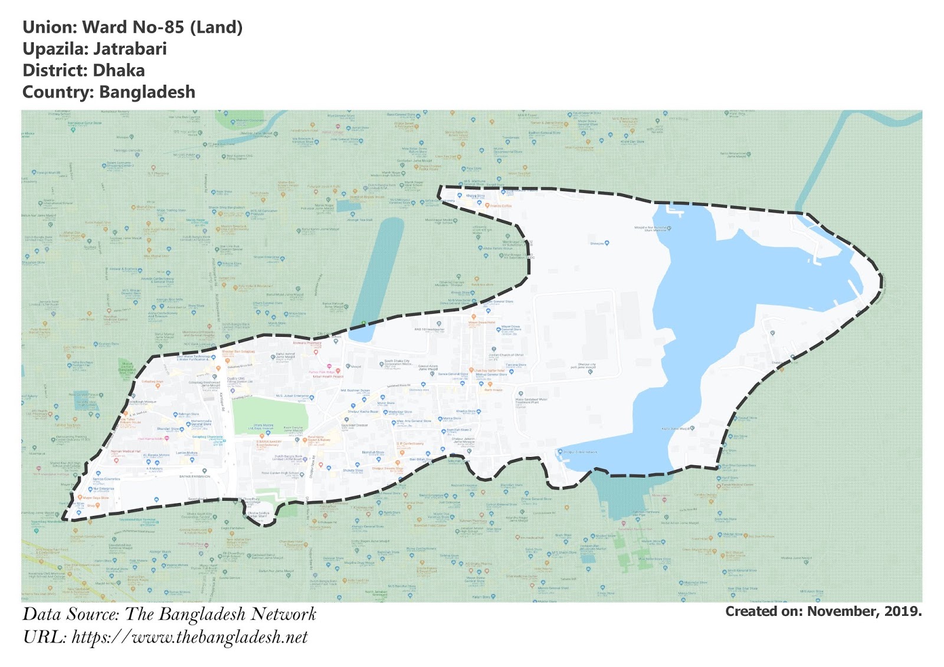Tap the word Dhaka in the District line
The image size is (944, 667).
point(119,71)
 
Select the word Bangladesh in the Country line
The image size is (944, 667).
point(147,93)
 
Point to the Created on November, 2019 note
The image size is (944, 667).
point(823,612)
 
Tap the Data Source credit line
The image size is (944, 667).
point(169,615)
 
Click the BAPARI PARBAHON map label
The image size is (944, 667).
point(195,477)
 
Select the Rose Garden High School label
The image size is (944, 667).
point(280,473)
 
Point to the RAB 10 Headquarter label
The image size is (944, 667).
point(430,330)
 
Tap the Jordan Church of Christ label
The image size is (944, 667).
point(506,355)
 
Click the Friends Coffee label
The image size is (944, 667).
point(500,206)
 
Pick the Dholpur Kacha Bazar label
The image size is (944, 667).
point(363,412)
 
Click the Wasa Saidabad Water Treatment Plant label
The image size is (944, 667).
point(531,400)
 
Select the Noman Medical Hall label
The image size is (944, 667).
point(126,451)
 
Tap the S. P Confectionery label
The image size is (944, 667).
point(410,443)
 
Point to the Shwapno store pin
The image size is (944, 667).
point(607,243)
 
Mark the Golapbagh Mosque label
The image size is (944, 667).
point(142,402)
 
